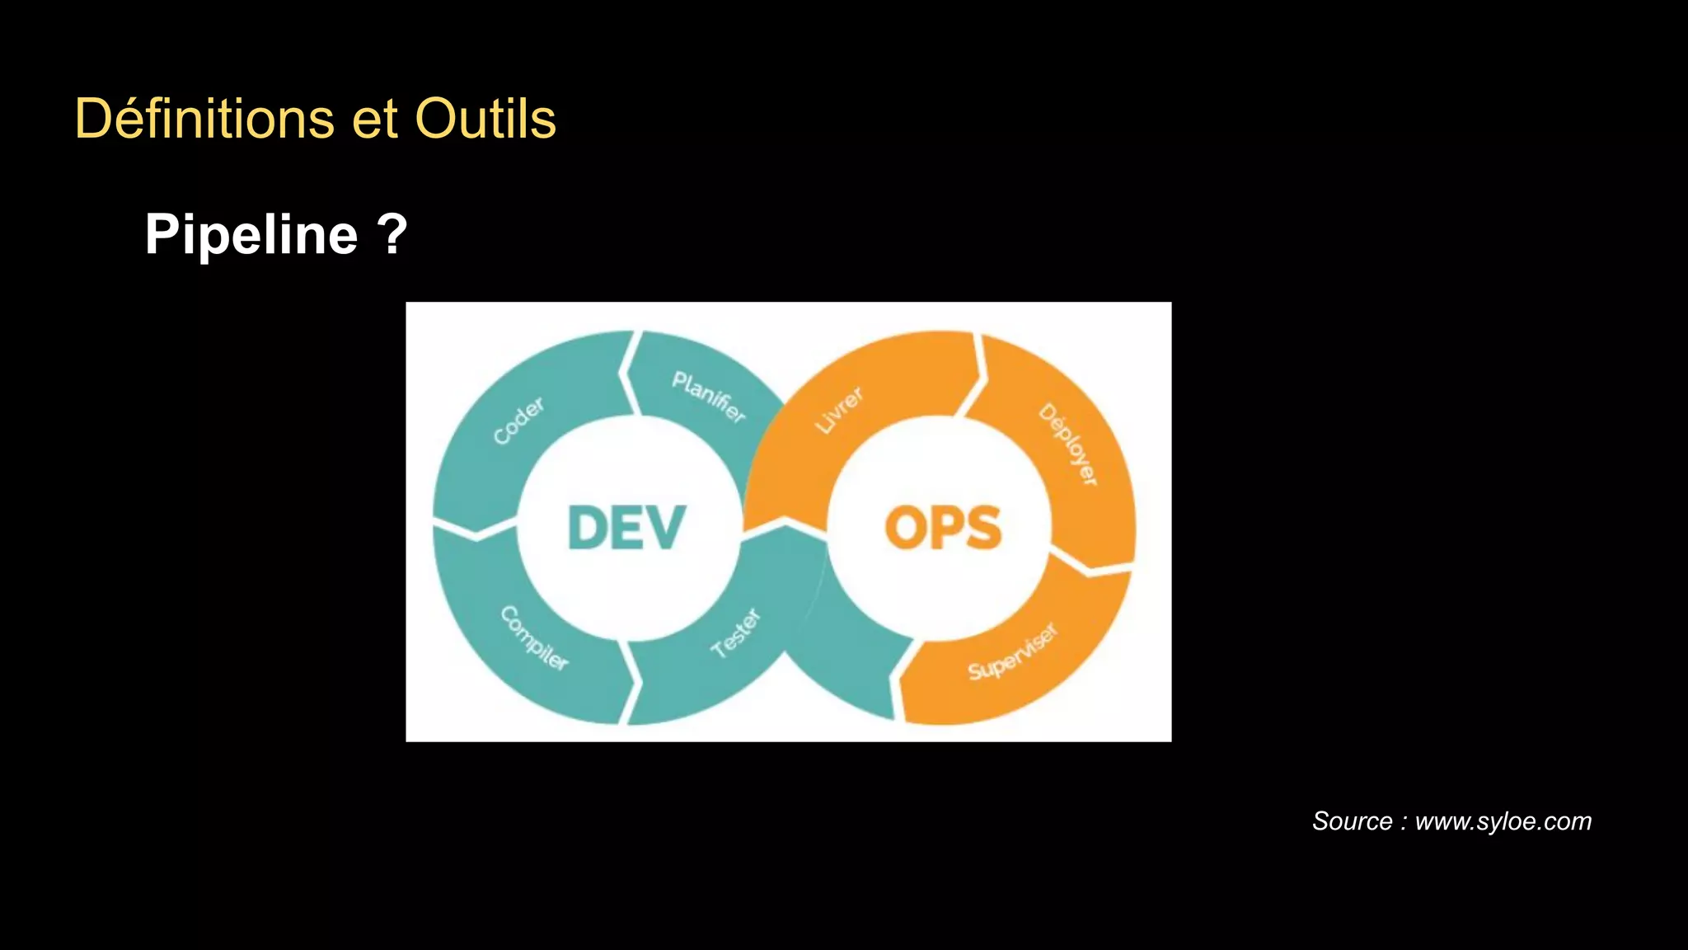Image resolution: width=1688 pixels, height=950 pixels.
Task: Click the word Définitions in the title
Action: pyautogui.click(x=204, y=119)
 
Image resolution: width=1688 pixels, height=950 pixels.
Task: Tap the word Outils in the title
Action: pyautogui.click(x=485, y=119)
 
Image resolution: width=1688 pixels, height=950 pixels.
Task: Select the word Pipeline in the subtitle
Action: pyautogui.click(x=251, y=235)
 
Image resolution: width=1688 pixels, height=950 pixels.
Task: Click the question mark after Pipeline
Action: pyautogui.click(x=392, y=235)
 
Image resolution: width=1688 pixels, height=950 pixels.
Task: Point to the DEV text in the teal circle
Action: pyautogui.click(x=626, y=528)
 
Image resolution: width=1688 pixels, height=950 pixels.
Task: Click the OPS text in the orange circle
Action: pyautogui.click(x=943, y=528)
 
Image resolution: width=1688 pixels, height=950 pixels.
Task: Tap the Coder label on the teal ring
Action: pyautogui.click(x=518, y=421)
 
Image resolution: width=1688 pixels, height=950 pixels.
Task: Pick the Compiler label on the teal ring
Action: pyautogui.click(x=534, y=638)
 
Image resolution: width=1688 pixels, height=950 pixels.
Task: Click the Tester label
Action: pyautogui.click(x=736, y=633)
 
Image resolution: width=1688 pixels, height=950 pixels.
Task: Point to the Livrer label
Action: pyautogui.click(x=839, y=410)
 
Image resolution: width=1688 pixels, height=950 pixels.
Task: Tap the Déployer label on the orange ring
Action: pyautogui.click(x=1068, y=444)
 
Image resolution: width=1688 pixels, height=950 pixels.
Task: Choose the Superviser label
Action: pyautogui.click(x=1012, y=652)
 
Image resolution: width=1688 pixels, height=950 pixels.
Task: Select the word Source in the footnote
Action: pyautogui.click(x=1352, y=821)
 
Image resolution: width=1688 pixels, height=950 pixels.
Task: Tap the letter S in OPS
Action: pyautogui.click(x=982, y=528)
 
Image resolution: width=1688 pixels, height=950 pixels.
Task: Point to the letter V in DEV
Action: pyautogui.click(x=665, y=528)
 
